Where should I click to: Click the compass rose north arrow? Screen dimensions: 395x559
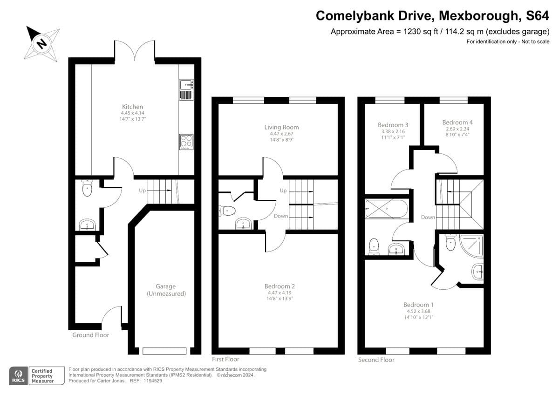pyautogui.click(x=41, y=43)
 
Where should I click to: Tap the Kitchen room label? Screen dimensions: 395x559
pyautogui.click(x=132, y=107)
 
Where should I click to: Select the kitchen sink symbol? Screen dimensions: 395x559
pyautogui.click(x=186, y=85)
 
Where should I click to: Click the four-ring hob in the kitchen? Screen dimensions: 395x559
pyautogui.click(x=186, y=142)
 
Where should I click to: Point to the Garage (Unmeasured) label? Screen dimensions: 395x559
pyautogui.click(x=166, y=290)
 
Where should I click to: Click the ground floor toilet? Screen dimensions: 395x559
pyautogui.click(x=87, y=188)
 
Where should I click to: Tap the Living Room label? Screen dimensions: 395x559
pyautogui.click(x=281, y=127)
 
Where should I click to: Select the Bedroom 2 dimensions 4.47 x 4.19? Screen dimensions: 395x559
pyautogui.click(x=279, y=293)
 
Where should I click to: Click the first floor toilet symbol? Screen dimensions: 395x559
pyautogui.click(x=227, y=211)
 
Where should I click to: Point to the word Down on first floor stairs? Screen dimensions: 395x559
pyautogui.click(x=281, y=216)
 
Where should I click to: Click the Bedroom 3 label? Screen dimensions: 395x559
pyautogui.click(x=393, y=125)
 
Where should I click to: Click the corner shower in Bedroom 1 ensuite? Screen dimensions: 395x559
pyautogui.click(x=471, y=243)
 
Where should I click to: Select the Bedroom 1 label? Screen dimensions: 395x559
pyautogui.click(x=418, y=305)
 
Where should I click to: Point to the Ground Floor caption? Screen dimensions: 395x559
pyautogui.click(x=91, y=335)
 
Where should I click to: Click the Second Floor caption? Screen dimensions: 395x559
pyautogui.click(x=376, y=360)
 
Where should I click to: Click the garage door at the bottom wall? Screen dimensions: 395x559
pyautogui.click(x=164, y=351)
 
